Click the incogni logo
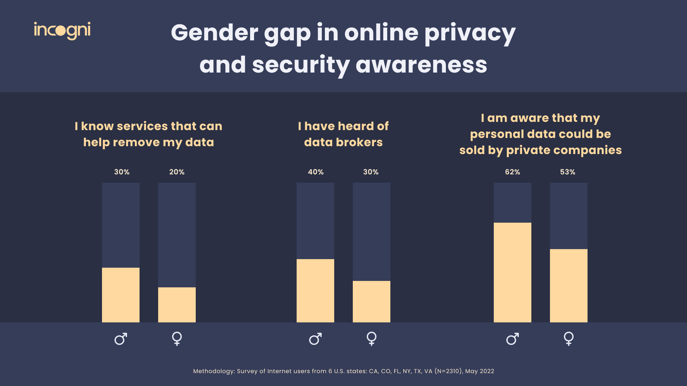click(62, 30)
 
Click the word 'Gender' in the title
click(214, 33)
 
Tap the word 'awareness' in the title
click(421, 65)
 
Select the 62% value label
click(512, 172)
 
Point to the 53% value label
click(567, 172)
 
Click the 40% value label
click(316, 172)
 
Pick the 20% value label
click(177, 172)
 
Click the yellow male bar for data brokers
click(315, 291)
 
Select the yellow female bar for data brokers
click(371, 301)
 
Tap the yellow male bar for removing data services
click(121, 295)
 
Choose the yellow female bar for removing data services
click(177, 305)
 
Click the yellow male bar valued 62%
click(512, 272)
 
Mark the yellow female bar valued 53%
click(569, 286)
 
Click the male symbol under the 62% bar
click(512, 338)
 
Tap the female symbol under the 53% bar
click(569, 338)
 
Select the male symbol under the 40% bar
click(315, 338)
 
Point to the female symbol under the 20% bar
click(177, 338)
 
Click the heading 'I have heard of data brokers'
click(343, 134)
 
